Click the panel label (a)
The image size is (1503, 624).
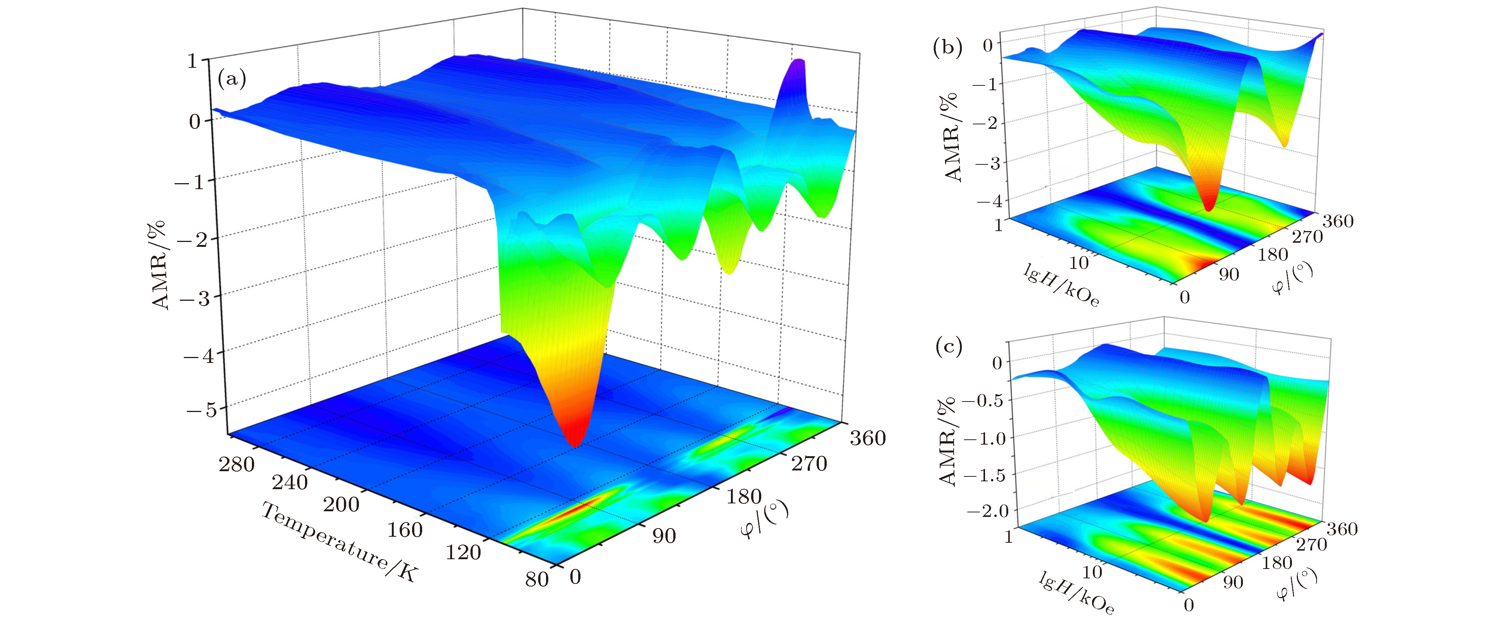click(232, 78)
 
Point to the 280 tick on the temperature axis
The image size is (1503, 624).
click(237, 465)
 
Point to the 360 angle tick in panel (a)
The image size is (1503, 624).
click(868, 438)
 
